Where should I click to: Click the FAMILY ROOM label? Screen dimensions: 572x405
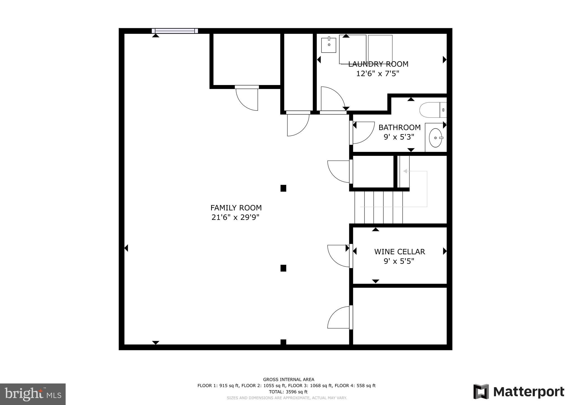236,208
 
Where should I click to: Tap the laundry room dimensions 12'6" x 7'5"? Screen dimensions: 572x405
378,74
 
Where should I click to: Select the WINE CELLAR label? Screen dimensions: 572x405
399,252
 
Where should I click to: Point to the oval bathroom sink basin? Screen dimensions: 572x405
435,138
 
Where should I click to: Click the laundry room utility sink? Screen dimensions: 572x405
328,45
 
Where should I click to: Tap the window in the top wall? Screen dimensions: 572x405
175,31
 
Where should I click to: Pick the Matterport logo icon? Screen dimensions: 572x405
481,392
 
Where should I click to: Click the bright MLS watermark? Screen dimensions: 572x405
33,394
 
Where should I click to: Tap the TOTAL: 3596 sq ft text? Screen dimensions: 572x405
288,392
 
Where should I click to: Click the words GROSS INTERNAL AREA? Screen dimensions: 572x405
289,380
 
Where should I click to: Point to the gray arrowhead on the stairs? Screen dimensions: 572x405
405,171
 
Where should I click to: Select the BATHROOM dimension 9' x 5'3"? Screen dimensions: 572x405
399,137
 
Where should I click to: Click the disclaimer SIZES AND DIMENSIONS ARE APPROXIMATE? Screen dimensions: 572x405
287,398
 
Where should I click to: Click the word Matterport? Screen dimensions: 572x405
528,392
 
